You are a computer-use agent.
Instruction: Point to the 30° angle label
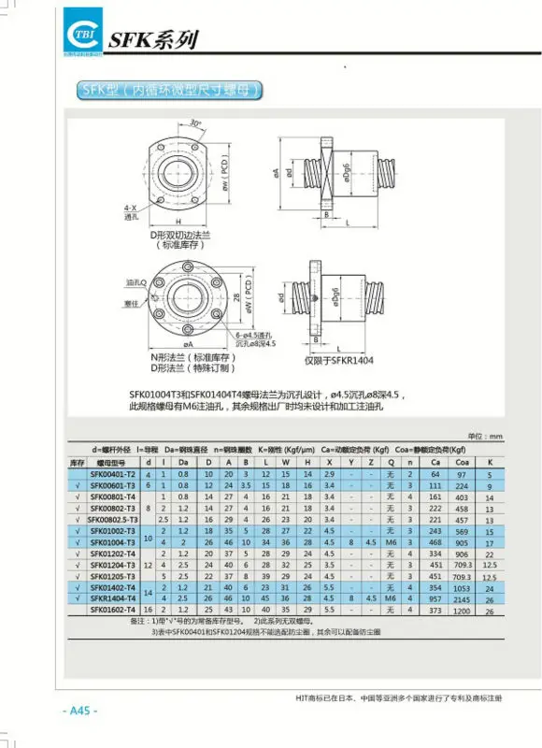(x=194, y=122)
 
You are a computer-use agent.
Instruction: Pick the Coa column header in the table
(x=462, y=462)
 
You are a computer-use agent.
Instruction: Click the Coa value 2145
(x=462, y=597)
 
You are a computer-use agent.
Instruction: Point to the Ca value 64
(x=435, y=475)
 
